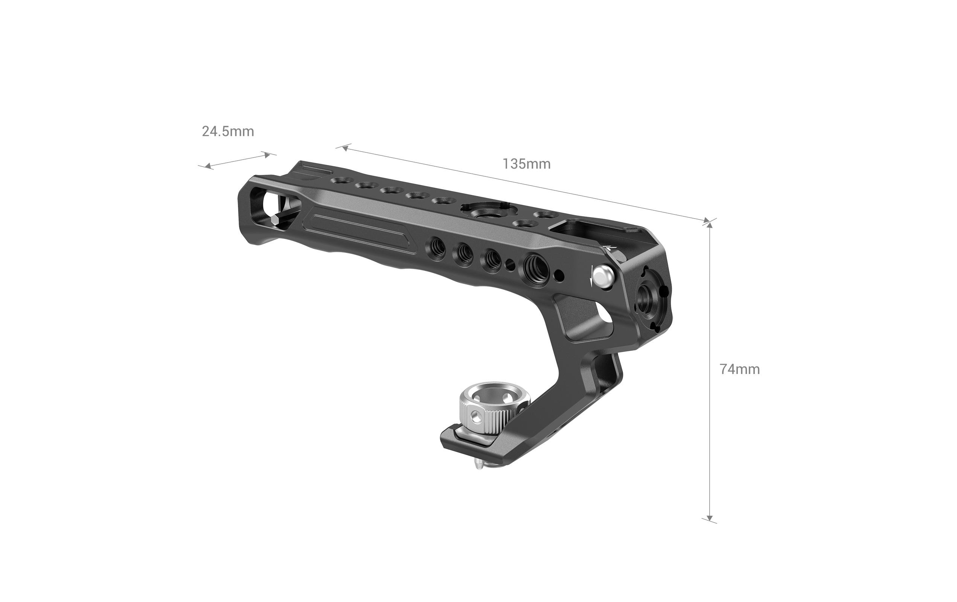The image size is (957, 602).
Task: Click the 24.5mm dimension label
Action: [228, 131]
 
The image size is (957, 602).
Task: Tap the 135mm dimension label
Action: [527, 164]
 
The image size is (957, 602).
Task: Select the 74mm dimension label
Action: [740, 369]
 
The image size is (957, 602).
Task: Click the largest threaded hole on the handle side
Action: [535, 265]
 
